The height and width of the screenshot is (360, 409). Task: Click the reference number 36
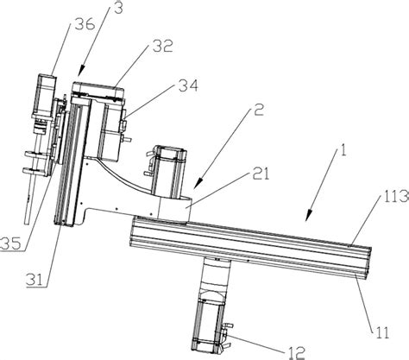point(85,25)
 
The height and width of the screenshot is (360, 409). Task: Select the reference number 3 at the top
point(117,8)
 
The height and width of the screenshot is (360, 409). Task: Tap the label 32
point(163,46)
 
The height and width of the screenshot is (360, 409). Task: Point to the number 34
point(188,85)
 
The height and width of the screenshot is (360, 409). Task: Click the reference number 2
point(259,110)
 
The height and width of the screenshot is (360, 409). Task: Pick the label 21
point(261,174)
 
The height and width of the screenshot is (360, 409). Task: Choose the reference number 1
point(343,150)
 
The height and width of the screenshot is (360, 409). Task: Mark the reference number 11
point(381,332)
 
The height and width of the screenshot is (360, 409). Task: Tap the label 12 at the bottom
point(296,352)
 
